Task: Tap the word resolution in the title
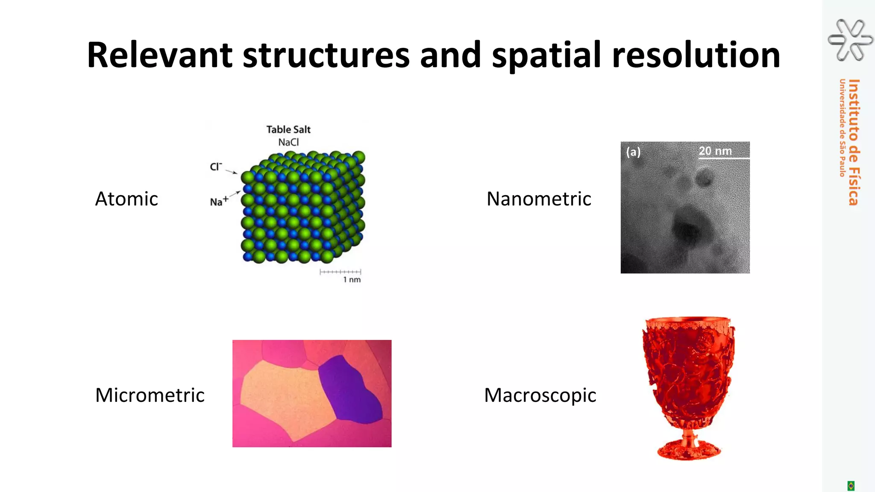click(x=696, y=55)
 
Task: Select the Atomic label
click(x=126, y=199)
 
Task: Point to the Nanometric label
click(x=539, y=199)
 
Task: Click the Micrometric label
click(x=150, y=395)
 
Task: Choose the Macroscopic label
click(x=540, y=395)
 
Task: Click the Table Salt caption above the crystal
click(x=288, y=129)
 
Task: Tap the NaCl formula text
click(x=288, y=142)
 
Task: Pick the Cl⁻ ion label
click(x=216, y=167)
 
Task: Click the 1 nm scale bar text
click(x=352, y=280)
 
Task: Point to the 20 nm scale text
click(x=715, y=151)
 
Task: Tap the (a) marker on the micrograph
click(x=633, y=152)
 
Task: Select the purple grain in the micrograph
click(x=350, y=389)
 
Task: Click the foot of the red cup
click(x=689, y=451)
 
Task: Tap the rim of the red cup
click(x=688, y=320)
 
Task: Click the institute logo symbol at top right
click(x=850, y=40)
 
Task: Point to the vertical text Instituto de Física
click(x=854, y=142)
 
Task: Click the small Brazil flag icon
click(x=851, y=486)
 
